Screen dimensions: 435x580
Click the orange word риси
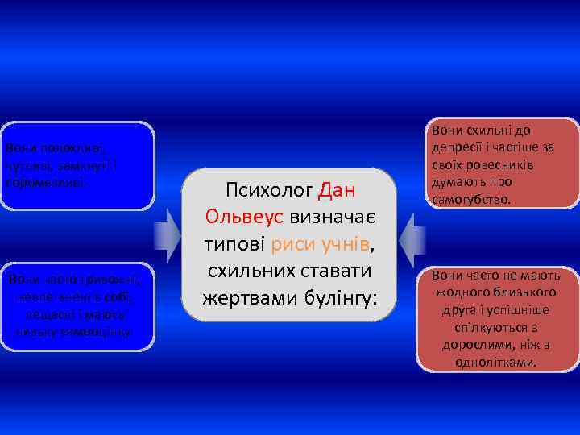pos(292,244)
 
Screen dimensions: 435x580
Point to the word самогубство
pos(470,198)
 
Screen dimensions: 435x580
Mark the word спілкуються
pos(488,329)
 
